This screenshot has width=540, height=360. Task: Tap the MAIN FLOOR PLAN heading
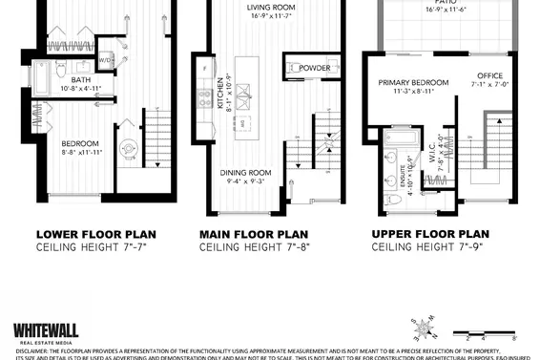point(255,233)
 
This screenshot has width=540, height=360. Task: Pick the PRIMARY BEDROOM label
point(414,82)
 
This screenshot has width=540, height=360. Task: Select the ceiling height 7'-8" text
point(255,246)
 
